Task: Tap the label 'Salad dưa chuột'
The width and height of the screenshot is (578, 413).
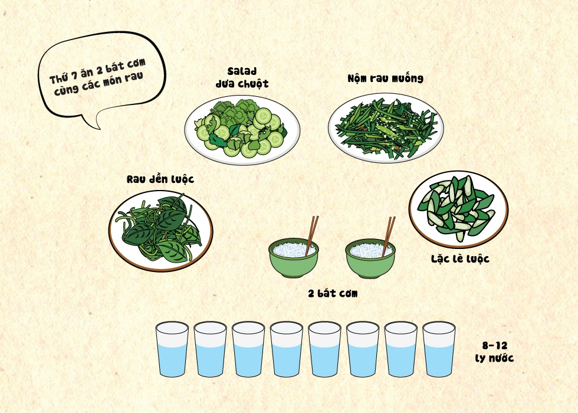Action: [242, 78]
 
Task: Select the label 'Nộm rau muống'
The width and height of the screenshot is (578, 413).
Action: [386, 78]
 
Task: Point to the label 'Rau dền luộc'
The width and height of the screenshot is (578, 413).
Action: [160, 179]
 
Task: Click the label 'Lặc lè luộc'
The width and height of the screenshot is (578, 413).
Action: [460, 259]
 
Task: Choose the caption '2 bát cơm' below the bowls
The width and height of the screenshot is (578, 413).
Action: [333, 294]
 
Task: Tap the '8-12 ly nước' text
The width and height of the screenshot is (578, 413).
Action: [494, 352]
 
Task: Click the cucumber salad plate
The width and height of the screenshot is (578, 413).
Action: [242, 130]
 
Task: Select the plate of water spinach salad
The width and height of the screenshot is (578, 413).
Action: [386, 128]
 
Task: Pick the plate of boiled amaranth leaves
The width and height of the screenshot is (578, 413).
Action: [160, 231]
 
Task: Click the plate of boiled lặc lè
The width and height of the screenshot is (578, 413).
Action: [459, 209]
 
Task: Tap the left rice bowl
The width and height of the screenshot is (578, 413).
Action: [294, 258]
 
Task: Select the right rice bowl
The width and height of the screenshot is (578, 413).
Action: [370, 258]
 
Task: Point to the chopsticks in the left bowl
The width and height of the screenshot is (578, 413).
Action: [311, 235]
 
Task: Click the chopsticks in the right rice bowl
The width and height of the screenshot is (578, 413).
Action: [388, 236]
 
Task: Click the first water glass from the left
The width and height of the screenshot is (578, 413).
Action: [172, 349]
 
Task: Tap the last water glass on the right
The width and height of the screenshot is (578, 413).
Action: [439, 349]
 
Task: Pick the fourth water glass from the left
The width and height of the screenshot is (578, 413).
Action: [287, 349]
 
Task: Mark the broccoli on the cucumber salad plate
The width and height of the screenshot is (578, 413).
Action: [234, 111]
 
